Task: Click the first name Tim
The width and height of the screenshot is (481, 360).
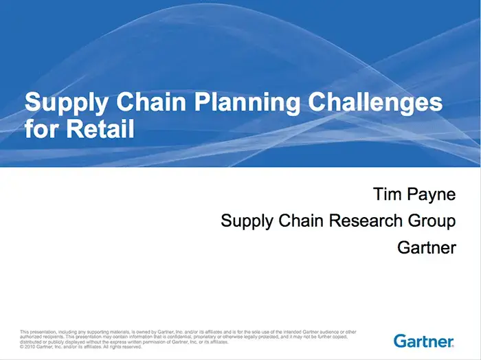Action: coord(388,195)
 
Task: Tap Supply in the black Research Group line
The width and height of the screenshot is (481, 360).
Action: coord(245,222)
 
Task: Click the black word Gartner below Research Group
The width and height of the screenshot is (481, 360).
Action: coord(427,247)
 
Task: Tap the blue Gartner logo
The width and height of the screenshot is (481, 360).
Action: coord(424,341)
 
